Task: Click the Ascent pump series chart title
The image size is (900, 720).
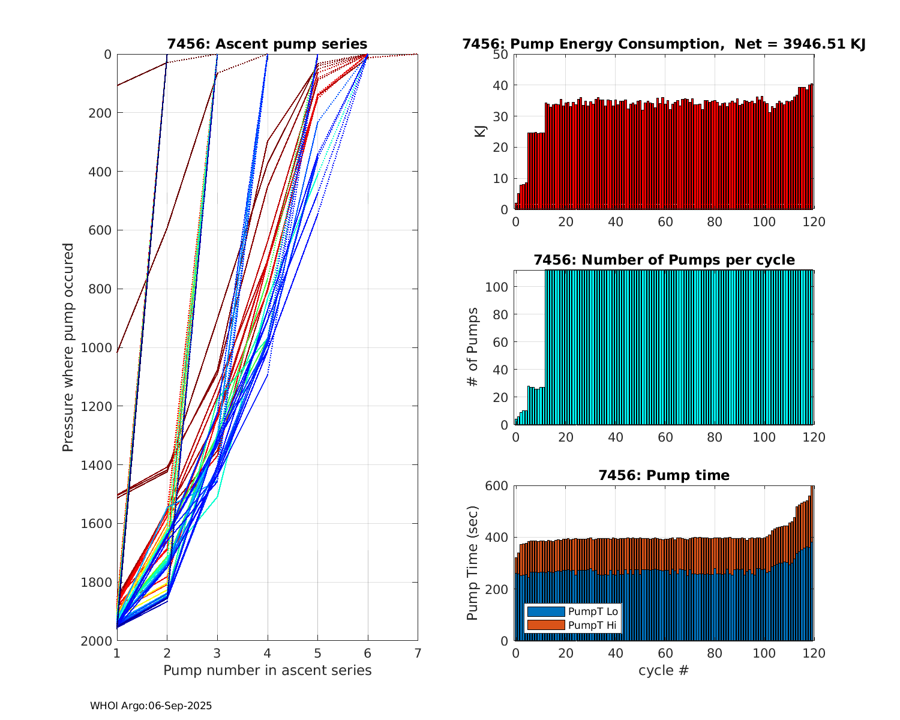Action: pyautogui.click(x=267, y=44)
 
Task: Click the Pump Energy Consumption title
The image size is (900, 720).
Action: pyautogui.click(x=664, y=44)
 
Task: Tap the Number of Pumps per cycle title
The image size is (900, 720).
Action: pyautogui.click(x=664, y=260)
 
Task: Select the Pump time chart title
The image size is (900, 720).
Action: pyautogui.click(x=664, y=475)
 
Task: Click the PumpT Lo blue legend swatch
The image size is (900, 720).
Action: pyautogui.click(x=545, y=611)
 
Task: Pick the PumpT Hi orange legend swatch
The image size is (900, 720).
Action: pyautogui.click(x=545, y=625)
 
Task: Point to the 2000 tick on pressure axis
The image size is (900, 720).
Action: pyautogui.click(x=99, y=641)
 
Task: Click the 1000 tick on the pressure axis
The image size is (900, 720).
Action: pyautogui.click(x=99, y=347)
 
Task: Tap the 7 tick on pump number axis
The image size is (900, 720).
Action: pyautogui.click(x=418, y=653)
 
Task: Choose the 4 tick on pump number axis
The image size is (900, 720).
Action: pyautogui.click(x=267, y=653)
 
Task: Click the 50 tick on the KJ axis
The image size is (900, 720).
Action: pyautogui.click(x=501, y=55)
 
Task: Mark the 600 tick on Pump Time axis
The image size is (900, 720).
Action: pyautogui.click(x=497, y=486)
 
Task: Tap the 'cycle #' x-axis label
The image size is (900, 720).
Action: pyautogui.click(x=664, y=670)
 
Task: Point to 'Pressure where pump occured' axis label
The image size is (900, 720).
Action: pyautogui.click(x=68, y=347)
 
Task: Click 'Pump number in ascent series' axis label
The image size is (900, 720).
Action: pyautogui.click(x=267, y=670)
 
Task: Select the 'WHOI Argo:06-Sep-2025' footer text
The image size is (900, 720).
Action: pyautogui.click(x=151, y=706)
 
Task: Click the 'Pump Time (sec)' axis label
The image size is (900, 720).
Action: pyautogui.click(x=473, y=563)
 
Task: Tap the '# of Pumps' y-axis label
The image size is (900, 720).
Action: pyautogui.click(x=473, y=347)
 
